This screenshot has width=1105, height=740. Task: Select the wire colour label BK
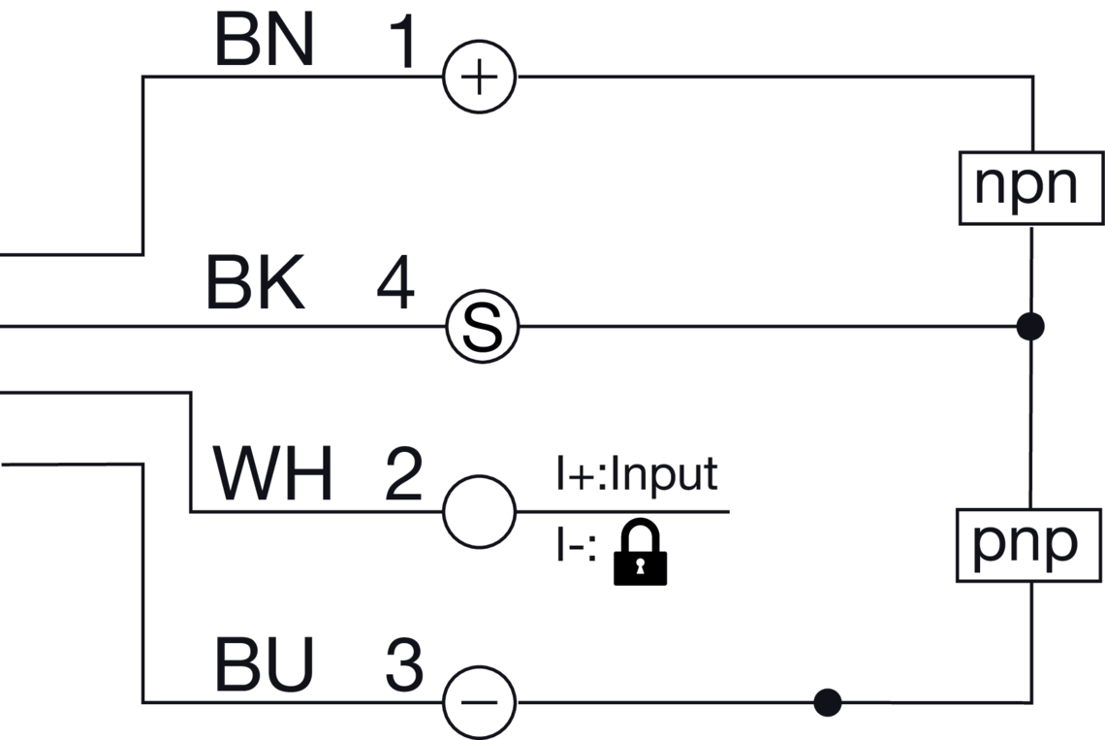coord(255,285)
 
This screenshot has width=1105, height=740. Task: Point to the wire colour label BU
coord(264,667)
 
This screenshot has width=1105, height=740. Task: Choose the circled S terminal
coord(482,327)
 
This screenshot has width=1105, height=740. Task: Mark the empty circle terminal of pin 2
coord(479,511)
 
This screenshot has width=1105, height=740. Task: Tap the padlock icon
coord(641,553)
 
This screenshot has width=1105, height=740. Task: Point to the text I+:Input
coord(636,475)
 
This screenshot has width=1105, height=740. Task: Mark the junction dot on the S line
coord(1031,327)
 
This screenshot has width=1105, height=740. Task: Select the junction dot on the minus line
coord(827,701)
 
